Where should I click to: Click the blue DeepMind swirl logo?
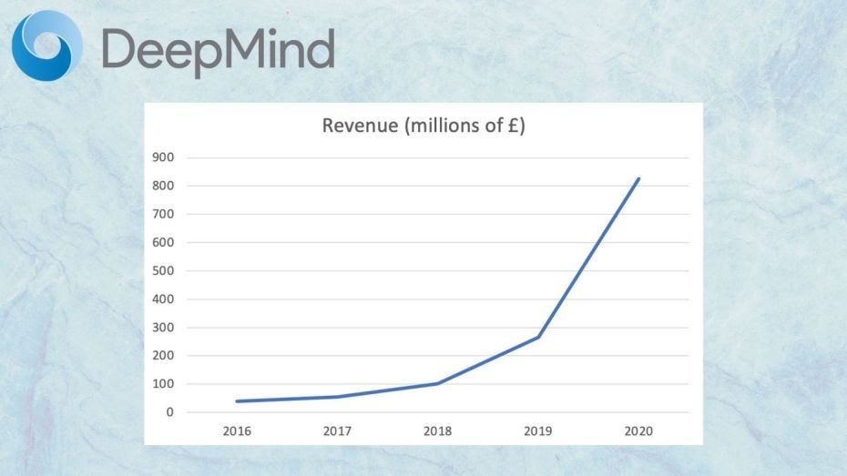coord(46,44)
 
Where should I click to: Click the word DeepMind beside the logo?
coord(217,49)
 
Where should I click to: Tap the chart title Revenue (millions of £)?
coord(423,126)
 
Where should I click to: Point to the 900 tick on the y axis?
coord(164,157)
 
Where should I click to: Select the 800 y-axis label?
coord(164,186)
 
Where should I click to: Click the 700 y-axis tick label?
coord(164,214)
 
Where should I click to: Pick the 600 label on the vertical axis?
coord(164,242)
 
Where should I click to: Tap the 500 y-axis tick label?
coord(164,270)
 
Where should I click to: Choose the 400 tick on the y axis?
coord(164,299)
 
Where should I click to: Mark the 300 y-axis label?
coord(164,327)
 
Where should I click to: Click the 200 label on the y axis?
coord(164,355)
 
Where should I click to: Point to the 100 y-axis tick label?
coord(164,383)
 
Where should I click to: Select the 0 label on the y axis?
coord(169,411)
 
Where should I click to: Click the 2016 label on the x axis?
coord(237,430)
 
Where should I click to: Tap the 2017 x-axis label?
coord(337,430)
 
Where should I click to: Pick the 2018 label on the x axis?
coord(438,430)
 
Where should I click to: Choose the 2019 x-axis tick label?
coord(538,430)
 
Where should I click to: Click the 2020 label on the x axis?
coord(638,430)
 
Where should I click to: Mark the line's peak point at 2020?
coord(638,178)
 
